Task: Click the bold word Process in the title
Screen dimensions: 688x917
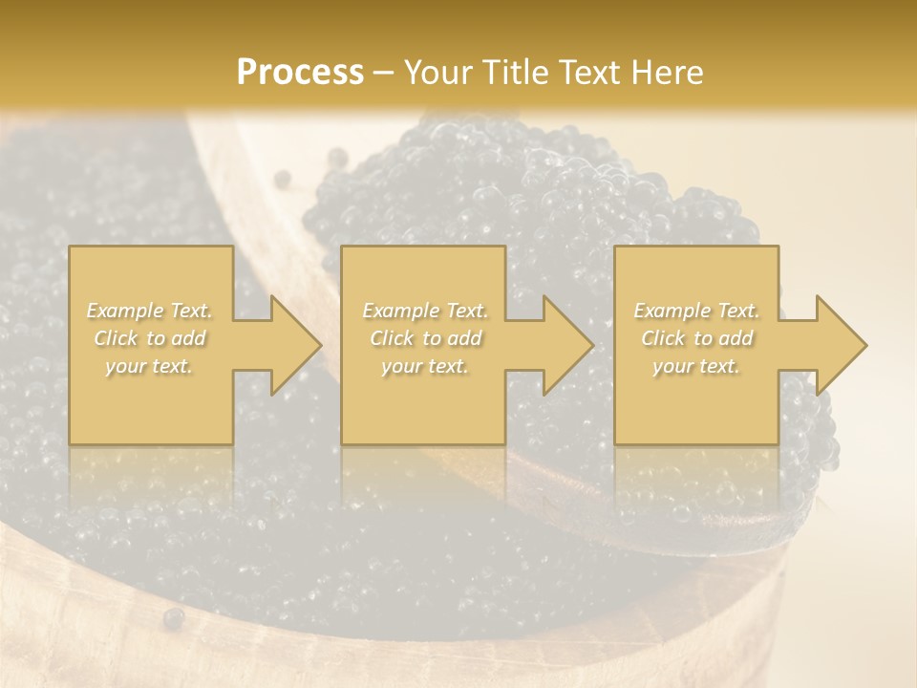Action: click(x=300, y=73)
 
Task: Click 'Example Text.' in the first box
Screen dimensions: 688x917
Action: click(x=150, y=311)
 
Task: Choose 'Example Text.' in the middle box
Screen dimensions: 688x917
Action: click(x=425, y=311)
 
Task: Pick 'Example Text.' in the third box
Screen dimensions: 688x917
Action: click(x=696, y=311)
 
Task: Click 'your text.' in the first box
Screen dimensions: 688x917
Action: click(x=150, y=366)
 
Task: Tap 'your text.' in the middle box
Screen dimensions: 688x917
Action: click(x=425, y=366)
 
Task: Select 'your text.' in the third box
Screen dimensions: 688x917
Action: click(x=696, y=366)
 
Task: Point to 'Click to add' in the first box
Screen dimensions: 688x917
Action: click(x=150, y=338)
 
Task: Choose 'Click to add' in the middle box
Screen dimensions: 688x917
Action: click(x=425, y=338)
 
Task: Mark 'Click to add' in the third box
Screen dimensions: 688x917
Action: click(x=696, y=338)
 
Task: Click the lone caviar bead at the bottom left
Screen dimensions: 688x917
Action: click(x=173, y=618)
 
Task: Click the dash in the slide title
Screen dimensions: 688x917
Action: click(x=383, y=74)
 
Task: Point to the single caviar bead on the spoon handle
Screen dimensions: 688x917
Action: click(x=282, y=179)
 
